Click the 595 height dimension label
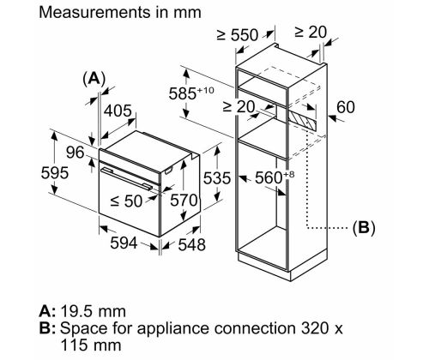click(x=55, y=173)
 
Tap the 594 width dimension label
click(x=124, y=243)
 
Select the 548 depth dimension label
click(x=192, y=245)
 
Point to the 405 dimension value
click(x=118, y=111)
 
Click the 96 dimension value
click(x=76, y=153)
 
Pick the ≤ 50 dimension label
click(x=126, y=201)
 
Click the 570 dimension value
click(x=184, y=200)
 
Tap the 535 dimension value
click(x=217, y=178)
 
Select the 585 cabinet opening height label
click(x=191, y=93)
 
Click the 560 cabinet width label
click(x=275, y=177)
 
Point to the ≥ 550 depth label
click(x=238, y=35)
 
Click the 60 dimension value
click(x=346, y=107)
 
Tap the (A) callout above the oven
click(x=94, y=79)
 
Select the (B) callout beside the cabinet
click(x=364, y=228)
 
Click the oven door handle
click(x=127, y=178)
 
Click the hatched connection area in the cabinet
click(x=302, y=121)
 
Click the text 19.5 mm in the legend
click(x=94, y=311)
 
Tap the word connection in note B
click(x=255, y=328)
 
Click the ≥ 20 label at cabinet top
click(x=311, y=32)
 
